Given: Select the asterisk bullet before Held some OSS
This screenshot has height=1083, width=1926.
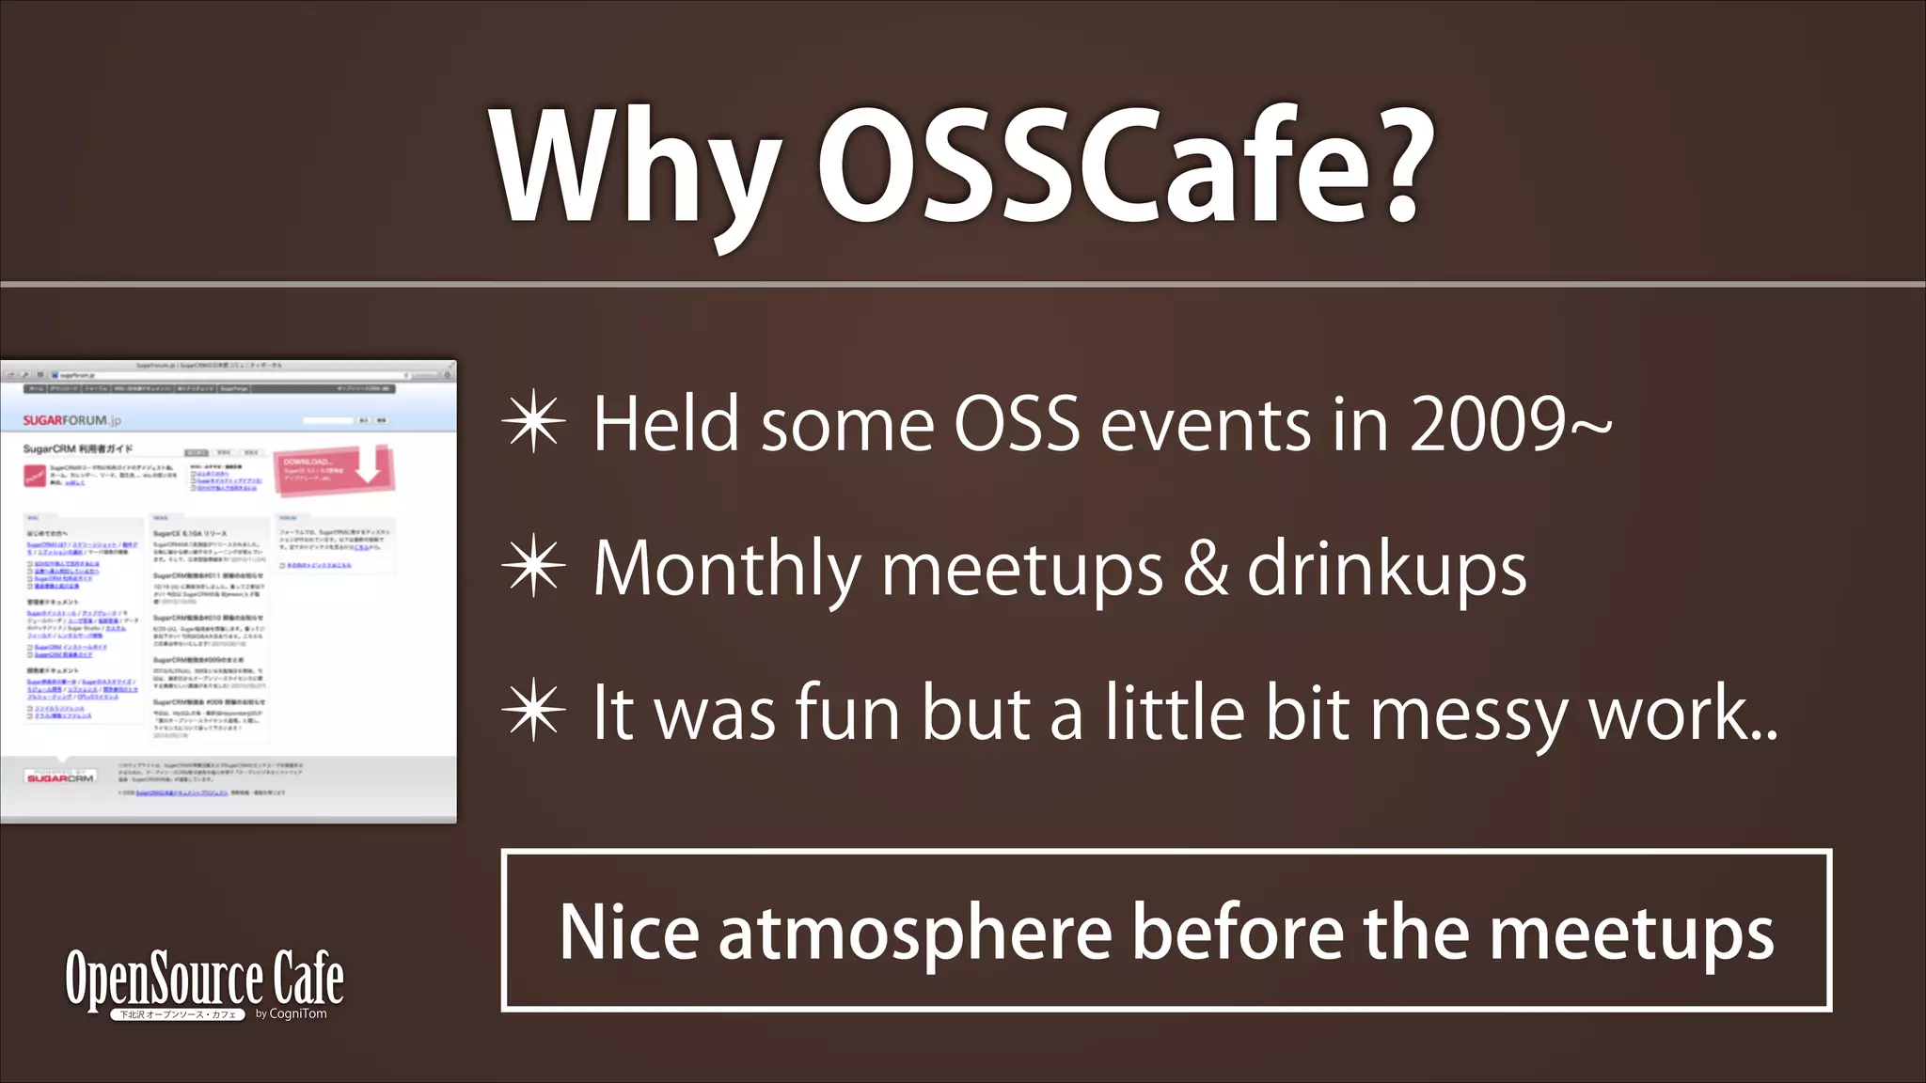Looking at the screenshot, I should [533, 424].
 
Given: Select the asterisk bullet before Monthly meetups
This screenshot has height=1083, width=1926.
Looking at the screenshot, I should [533, 568].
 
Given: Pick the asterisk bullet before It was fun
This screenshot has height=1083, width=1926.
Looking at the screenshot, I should [533, 712].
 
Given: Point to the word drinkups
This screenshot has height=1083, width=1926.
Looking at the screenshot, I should [1386, 570].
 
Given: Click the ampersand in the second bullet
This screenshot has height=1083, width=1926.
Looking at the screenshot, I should [1205, 568].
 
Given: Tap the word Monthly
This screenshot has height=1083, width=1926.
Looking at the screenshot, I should [726, 570].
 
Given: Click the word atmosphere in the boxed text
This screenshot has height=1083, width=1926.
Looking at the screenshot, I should [915, 933].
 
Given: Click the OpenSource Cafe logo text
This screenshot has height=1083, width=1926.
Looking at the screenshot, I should [204, 978].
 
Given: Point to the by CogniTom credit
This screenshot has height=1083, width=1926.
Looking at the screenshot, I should [291, 1013].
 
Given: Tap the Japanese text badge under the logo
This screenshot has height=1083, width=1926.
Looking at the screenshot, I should [178, 1014].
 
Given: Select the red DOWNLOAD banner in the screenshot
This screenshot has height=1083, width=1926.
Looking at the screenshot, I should [333, 469].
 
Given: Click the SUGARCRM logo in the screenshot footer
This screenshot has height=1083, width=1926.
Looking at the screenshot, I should [60, 777].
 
